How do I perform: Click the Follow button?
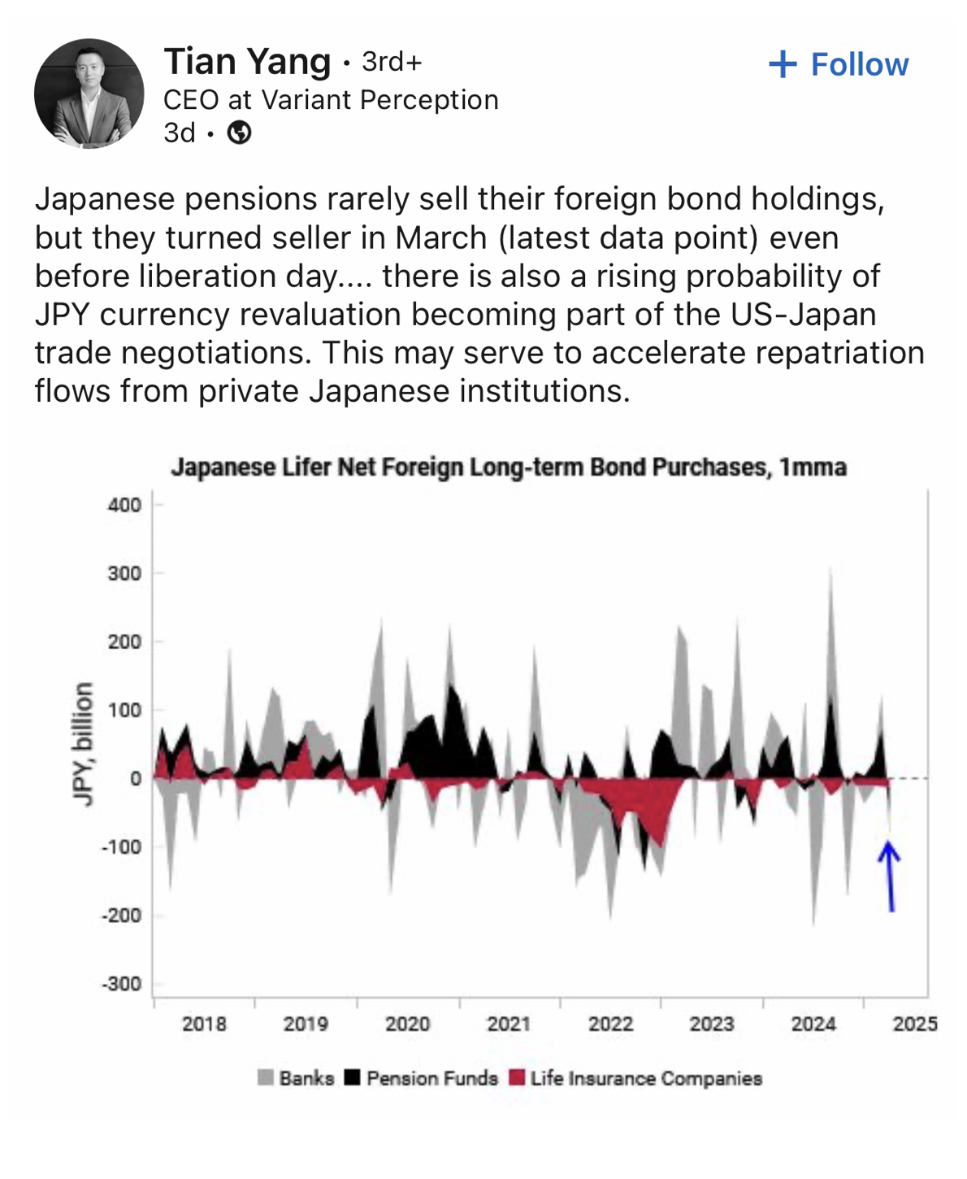coord(839,65)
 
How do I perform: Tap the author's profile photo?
coord(89,94)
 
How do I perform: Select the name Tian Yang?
coord(247,62)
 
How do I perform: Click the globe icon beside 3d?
coord(239,133)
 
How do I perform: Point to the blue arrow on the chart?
coord(890,877)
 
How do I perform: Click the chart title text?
coord(509,468)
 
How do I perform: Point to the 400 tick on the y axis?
coord(124,505)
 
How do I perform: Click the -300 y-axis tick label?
coord(121,984)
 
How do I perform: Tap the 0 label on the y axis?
coord(135,779)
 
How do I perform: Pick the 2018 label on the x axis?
coord(204,1024)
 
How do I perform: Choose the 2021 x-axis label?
coord(509,1024)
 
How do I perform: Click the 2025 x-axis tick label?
coord(915,1024)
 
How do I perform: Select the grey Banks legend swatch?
coord(266,1078)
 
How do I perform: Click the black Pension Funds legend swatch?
coord(352,1078)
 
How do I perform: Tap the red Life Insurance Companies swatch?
coord(517,1078)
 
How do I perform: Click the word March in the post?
coord(441,238)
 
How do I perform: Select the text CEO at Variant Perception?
coord(331,100)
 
